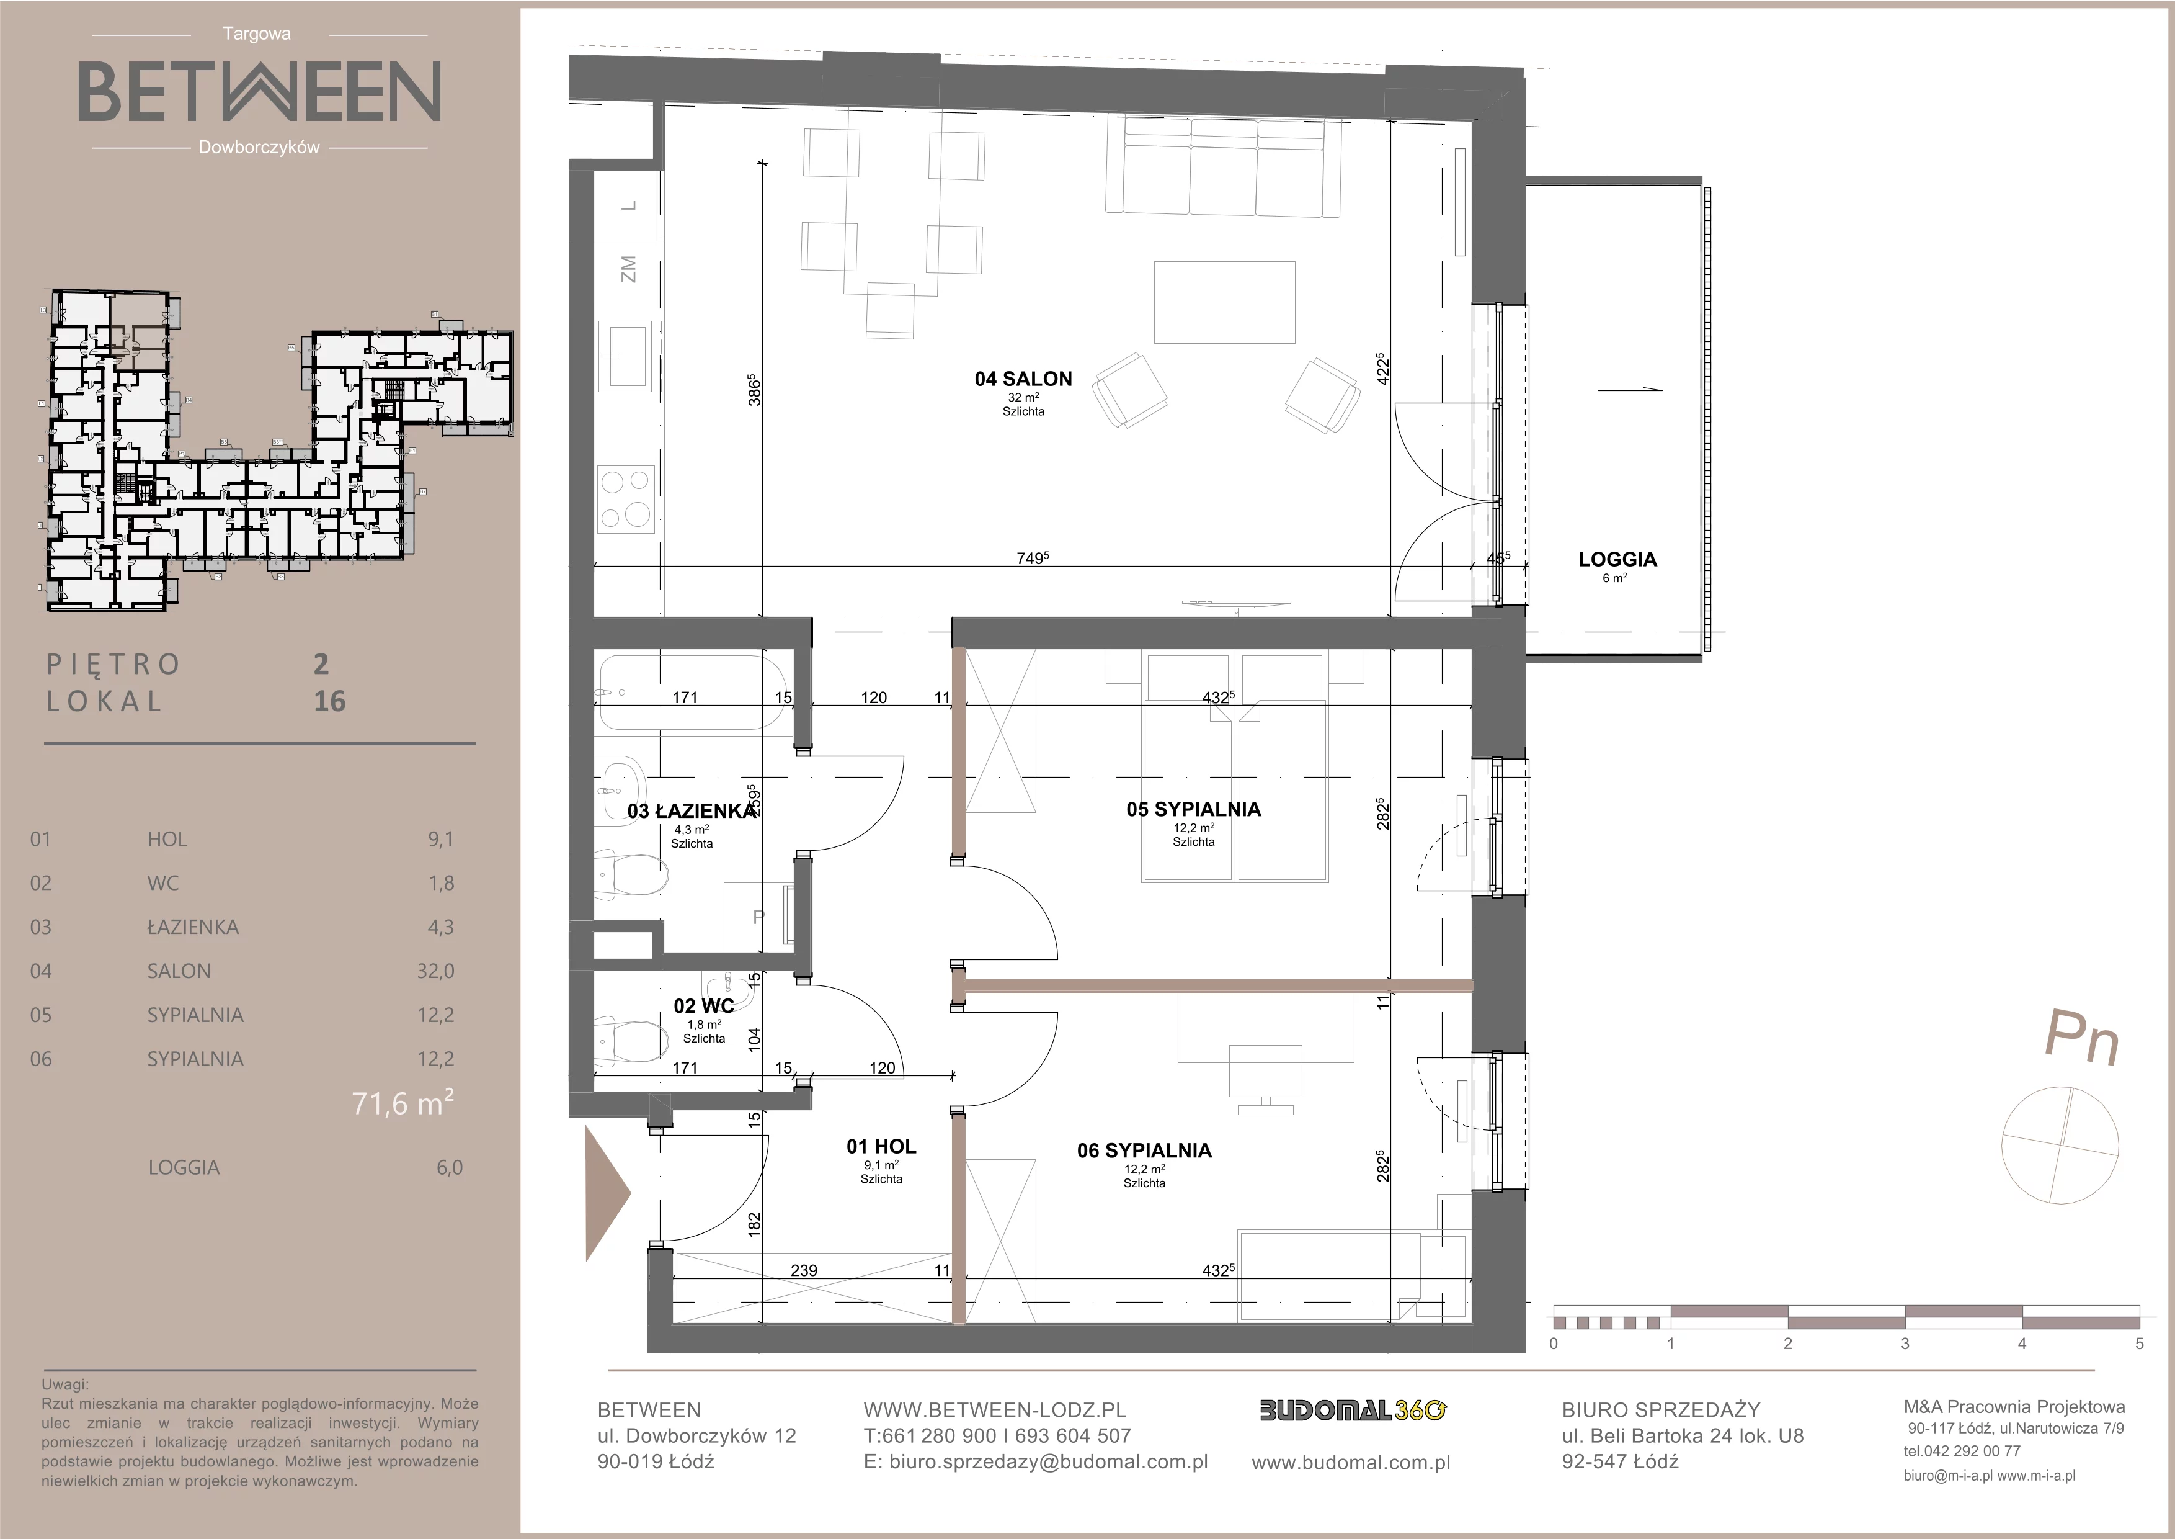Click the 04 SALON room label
tap(1023, 379)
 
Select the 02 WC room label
tap(704, 1007)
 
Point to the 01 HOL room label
tap(881, 1147)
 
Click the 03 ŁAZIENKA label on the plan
tap(692, 811)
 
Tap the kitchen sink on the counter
tap(625, 356)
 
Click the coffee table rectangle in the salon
tap(1224, 302)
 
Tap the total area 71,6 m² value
tap(403, 1102)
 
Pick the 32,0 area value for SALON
tap(436, 971)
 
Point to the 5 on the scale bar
tap(2139, 1344)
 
